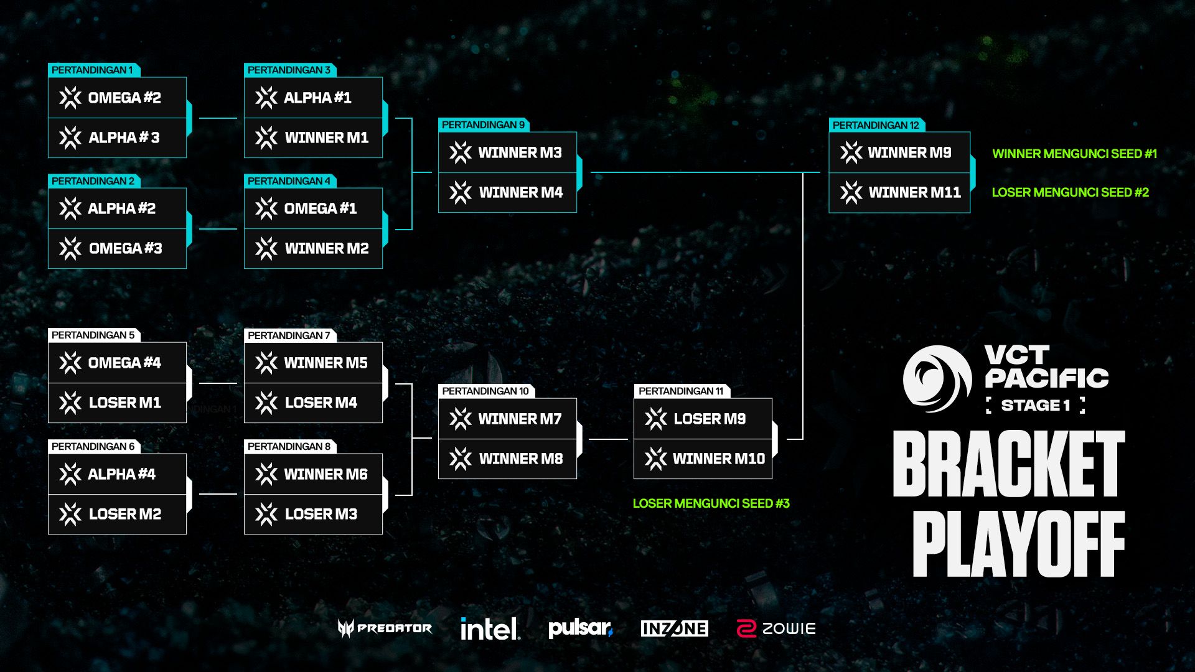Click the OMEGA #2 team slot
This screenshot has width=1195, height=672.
[x=117, y=98]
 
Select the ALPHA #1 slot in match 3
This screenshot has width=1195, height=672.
[x=313, y=98]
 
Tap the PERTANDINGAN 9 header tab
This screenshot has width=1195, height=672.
[x=483, y=125]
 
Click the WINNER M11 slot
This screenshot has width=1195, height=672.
[x=899, y=193]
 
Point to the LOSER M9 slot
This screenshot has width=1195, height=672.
[x=703, y=419]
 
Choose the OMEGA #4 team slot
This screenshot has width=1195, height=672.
[x=117, y=363]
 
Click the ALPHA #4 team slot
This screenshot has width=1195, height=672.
[x=117, y=474]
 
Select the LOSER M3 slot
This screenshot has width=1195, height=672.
[x=313, y=515]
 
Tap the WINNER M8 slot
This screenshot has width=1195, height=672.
[x=507, y=459]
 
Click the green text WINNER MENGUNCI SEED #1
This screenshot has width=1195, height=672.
[x=1074, y=154]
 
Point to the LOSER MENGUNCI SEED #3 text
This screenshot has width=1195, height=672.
[x=711, y=503]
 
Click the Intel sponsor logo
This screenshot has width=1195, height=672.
[x=490, y=628]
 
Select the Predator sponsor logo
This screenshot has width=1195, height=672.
[x=385, y=628]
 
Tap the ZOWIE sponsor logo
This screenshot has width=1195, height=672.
[x=776, y=628]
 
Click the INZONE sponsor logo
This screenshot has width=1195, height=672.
[x=674, y=628]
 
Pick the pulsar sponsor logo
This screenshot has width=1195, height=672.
[x=580, y=628]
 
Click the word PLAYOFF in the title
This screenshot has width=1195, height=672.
[x=1018, y=544]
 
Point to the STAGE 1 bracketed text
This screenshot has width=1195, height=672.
[x=1036, y=405]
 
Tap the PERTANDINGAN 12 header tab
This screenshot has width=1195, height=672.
[x=876, y=125]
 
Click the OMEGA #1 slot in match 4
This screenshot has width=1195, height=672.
[x=313, y=208]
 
